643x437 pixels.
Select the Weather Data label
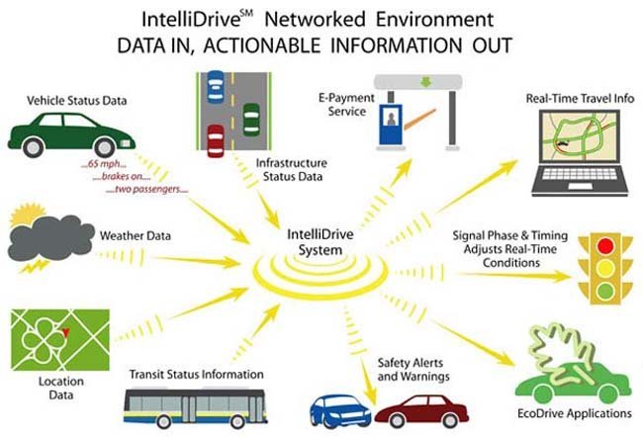pyautogui.click(x=135, y=236)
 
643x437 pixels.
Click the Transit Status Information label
pyautogui.click(x=197, y=374)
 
